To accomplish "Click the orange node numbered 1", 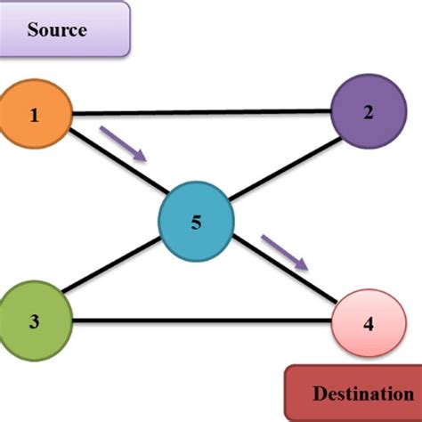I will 35,115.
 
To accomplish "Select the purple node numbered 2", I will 367,111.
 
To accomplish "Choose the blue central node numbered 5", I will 196,223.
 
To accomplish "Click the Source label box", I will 62,30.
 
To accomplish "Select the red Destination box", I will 353,393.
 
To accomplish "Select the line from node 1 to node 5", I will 116,166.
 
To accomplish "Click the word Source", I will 57,30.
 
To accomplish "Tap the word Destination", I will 356,393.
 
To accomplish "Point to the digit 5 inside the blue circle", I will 196,223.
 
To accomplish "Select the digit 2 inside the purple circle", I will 367,112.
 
